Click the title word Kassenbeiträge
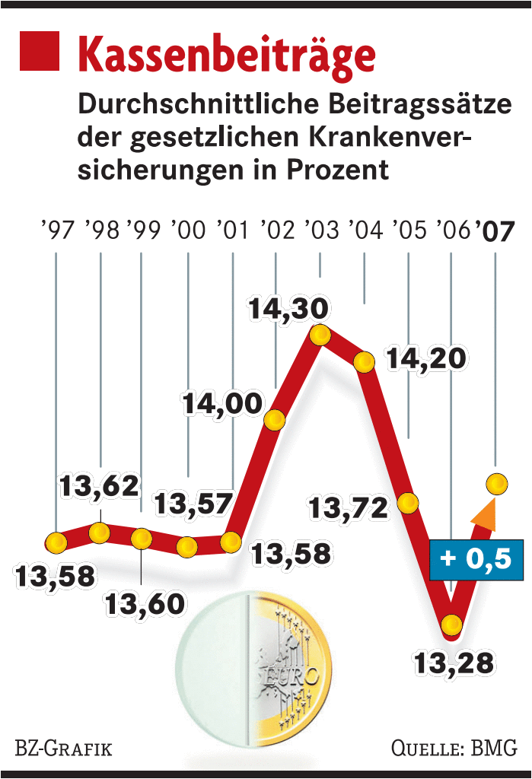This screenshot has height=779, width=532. [x=227, y=56]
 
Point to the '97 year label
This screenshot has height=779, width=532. [x=57, y=230]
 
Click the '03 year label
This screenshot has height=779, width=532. [x=320, y=230]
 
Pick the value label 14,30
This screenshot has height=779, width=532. [x=288, y=309]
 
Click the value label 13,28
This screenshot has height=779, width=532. [x=453, y=661]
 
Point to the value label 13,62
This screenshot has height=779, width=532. [x=100, y=485]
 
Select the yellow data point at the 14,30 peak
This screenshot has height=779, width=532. [x=320, y=334]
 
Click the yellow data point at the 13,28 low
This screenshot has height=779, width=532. [x=451, y=625]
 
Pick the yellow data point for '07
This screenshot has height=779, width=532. [x=496, y=483]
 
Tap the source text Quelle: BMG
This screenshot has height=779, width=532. [x=454, y=748]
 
